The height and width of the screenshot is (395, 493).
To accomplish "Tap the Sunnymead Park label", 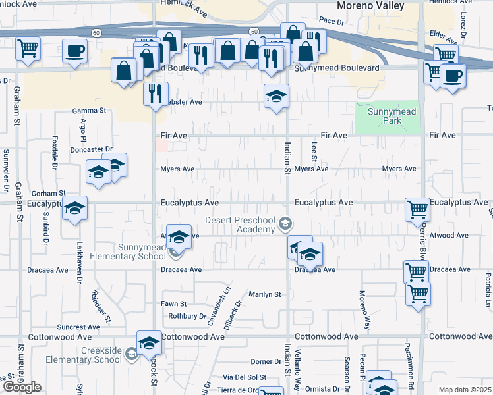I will [x=391, y=116].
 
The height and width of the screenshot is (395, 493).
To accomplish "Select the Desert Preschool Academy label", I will [x=239, y=224].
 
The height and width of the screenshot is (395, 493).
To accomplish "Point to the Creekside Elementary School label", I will [x=84, y=355].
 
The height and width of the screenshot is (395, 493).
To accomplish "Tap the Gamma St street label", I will [x=90, y=110].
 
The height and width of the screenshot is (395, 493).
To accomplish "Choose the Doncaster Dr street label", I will [x=91, y=150].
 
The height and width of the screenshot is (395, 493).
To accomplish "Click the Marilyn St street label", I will [x=264, y=294].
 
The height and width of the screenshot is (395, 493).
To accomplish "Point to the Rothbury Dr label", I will [x=187, y=316].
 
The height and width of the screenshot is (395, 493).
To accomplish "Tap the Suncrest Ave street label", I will [x=78, y=327].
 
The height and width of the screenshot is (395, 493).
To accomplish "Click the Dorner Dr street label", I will [x=266, y=361].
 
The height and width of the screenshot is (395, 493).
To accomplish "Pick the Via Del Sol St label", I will [x=244, y=377].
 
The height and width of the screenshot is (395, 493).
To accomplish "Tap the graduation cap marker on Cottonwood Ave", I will [x=149, y=342].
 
